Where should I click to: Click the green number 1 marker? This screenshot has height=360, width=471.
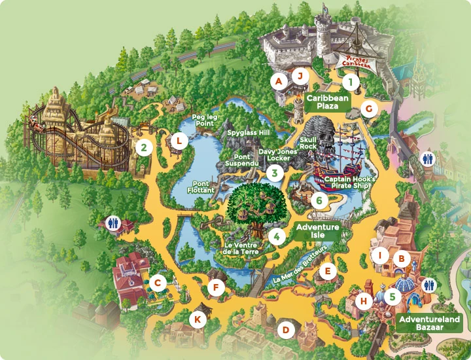(x=351, y=82)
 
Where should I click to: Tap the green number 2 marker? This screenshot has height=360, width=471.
(x=143, y=147)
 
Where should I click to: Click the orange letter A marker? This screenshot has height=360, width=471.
(x=279, y=81)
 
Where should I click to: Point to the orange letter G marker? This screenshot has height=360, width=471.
(x=370, y=109)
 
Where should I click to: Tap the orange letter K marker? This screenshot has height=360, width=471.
(x=197, y=319)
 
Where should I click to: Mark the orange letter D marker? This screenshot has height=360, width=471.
(x=285, y=330)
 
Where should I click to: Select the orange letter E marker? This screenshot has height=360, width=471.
(x=328, y=269)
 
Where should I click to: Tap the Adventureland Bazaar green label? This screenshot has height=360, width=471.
(x=429, y=323)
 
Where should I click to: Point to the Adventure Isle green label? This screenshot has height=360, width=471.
(x=317, y=231)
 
